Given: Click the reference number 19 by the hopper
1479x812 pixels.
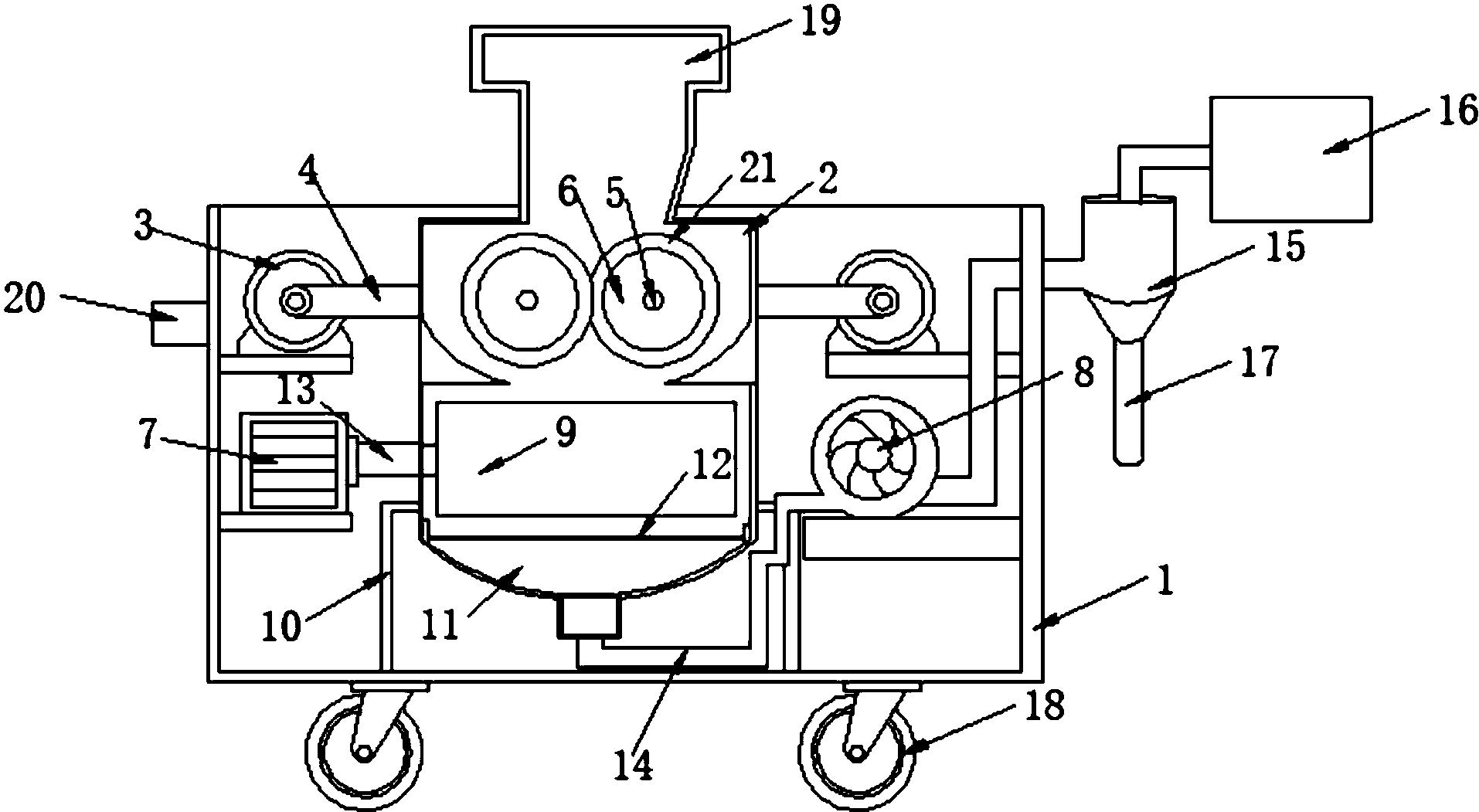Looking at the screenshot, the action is click(x=819, y=22).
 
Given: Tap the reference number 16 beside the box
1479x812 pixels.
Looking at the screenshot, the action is click(x=1457, y=113).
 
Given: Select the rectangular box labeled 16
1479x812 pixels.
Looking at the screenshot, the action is click(x=1291, y=158).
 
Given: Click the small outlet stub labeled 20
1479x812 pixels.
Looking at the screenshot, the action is click(x=179, y=324).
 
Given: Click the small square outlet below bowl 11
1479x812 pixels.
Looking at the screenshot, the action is click(x=589, y=616).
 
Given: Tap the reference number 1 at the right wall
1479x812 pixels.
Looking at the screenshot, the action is click(x=1164, y=580).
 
